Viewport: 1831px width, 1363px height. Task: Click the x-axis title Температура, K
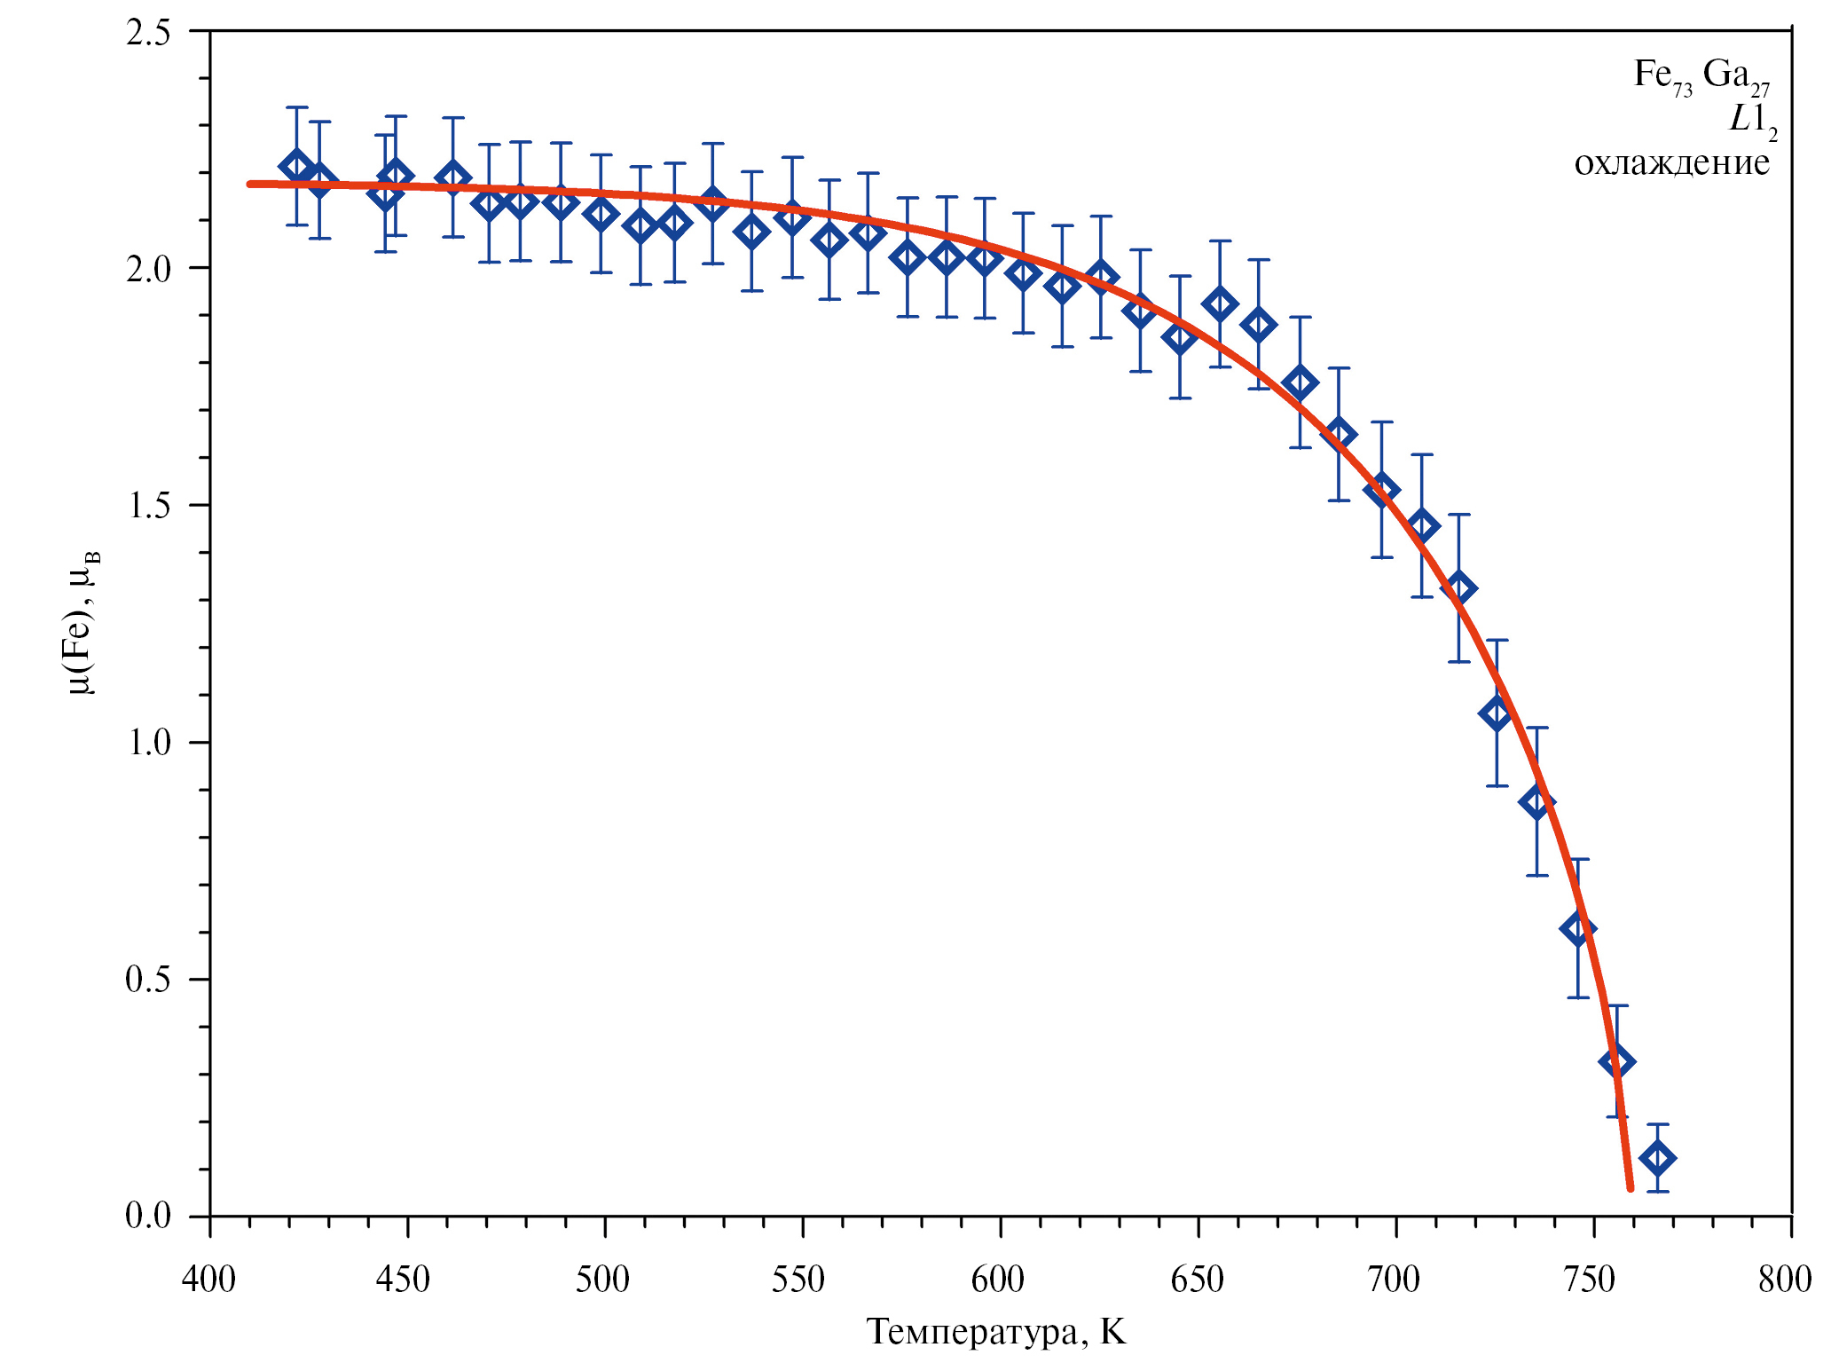tap(995, 1332)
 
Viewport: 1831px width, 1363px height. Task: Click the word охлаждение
tap(1671, 163)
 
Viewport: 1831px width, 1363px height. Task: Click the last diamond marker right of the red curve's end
tap(1657, 1158)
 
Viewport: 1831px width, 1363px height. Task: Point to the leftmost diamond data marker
tap(296, 166)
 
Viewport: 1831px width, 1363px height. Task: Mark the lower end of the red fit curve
tap(1630, 1187)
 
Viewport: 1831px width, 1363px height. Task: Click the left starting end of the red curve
tap(251, 184)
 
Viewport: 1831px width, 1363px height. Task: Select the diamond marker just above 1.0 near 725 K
tap(1497, 713)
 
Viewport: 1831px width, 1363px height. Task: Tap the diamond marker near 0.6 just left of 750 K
tap(1577, 929)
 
